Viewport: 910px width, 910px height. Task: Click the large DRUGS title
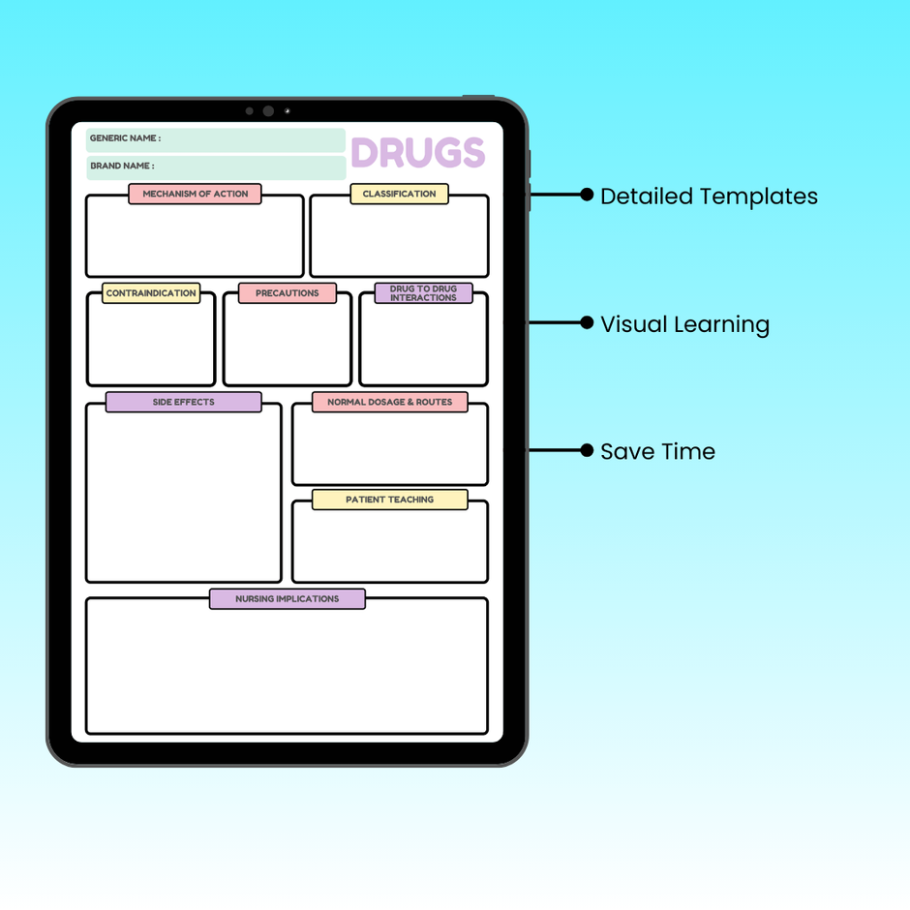point(417,153)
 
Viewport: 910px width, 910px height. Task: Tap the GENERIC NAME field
point(215,139)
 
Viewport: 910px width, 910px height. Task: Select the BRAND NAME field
point(215,167)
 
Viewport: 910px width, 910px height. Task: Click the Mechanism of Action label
point(195,194)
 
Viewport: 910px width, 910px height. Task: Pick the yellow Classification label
point(399,194)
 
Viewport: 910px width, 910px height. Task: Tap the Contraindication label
point(151,293)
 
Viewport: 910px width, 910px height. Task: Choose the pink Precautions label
point(287,293)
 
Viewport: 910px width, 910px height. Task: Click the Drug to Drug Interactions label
point(423,293)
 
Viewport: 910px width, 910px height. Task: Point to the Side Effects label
point(183,402)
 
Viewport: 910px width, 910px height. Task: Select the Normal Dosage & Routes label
point(389,402)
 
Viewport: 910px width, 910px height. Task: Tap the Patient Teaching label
point(389,500)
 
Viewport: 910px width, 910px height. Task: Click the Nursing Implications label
point(287,599)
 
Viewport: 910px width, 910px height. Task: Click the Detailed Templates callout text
point(709,197)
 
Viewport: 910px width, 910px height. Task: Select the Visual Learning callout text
point(684,324)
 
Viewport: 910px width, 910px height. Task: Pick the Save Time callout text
point(657,452)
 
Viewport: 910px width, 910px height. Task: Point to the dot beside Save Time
point(587,450)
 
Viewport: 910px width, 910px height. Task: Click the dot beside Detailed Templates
point(587,195)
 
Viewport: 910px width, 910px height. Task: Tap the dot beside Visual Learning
point(587,322)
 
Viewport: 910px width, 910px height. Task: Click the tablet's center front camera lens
point(268,111)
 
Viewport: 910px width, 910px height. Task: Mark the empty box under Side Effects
point(183,496)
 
